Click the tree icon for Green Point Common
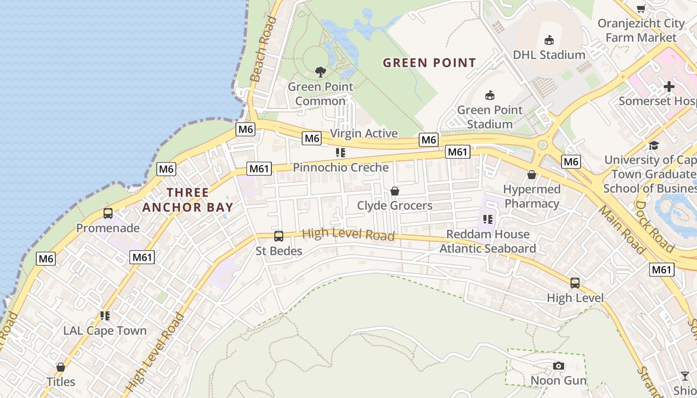pyautogui.click(x=321, y=72)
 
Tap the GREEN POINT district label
pyautogui.click(x=430, y=63)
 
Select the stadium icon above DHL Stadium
pyautogui.click(x=549, y=40)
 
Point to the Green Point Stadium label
pyautogui.click(x=490, y=117)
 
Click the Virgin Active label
pyautogui.click(x=364, y=133)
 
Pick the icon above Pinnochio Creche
pyautogui.click(x=341, y=152)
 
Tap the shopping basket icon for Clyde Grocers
pyautogui.click(x=395, y=191)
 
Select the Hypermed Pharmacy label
pyautogui.click(x=532, y=196)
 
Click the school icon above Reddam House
pyautogui.click(x=487, y=219)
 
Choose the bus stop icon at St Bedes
pyautogui.click(x=279, y=236)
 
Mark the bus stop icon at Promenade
pyautogui.click(x=108, y=213)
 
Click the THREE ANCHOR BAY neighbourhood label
pyautogui.click(x=188, y=199)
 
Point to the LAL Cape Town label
pyautogui.click(x=105, y=330)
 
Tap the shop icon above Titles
pyautogui.click(x=61, y=367)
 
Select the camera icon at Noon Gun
pyautogui.click(x=559, y=366)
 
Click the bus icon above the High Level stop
pyautogui.click(x=575, y=283)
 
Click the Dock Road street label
pyautogui.click(x=655, y=227)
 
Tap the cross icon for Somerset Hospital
pyautogui.click(x=669, y=87)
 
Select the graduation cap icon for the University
pyautogui.click(x=653, y=145)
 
